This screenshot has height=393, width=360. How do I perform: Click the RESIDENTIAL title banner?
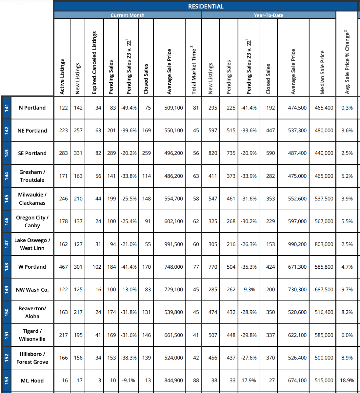206,6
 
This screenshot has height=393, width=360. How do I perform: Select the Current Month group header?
127,15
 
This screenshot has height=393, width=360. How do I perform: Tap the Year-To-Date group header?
268,15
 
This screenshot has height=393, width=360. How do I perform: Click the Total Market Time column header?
193,70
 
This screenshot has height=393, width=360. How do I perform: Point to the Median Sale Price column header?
322,72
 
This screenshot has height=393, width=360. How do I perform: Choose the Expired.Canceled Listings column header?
94,63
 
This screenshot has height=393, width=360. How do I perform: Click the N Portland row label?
32,108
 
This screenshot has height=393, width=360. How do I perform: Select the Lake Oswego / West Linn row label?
32,244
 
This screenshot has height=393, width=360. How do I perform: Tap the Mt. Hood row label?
32,381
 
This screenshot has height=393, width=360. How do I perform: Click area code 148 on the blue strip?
6,267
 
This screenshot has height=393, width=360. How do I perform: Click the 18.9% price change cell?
347,380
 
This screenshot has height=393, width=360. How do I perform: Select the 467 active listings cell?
63,267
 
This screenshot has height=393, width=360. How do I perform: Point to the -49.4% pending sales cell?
129,108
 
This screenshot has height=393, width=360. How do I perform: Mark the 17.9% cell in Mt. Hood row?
249,380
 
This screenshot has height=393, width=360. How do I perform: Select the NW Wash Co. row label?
32,290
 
